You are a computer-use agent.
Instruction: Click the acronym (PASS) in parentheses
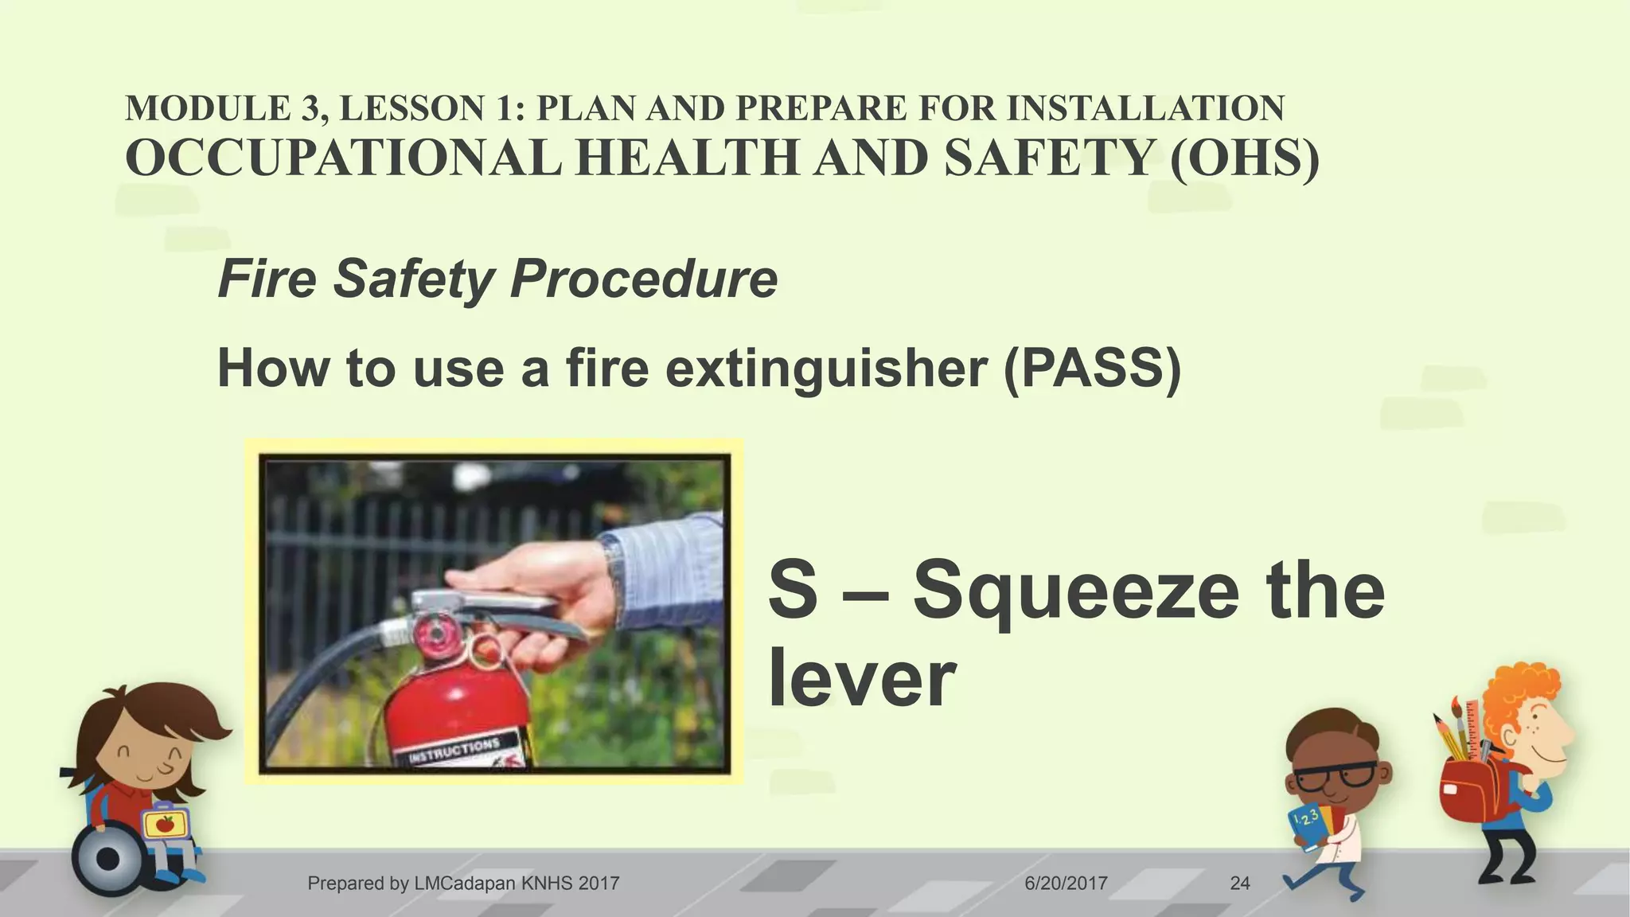click(1092, 369)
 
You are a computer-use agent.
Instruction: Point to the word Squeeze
click(1075, 593)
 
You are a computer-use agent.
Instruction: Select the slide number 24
click(1239, 883)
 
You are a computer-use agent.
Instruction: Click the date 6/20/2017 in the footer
click(1066, 883)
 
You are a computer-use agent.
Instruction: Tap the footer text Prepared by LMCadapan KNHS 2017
click(463, 883)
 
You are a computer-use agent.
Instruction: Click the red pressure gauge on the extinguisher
click(437, 634)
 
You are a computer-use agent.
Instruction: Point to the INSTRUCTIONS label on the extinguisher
click(454, 751)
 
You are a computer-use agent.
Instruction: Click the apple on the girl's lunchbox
click(165, 824)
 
